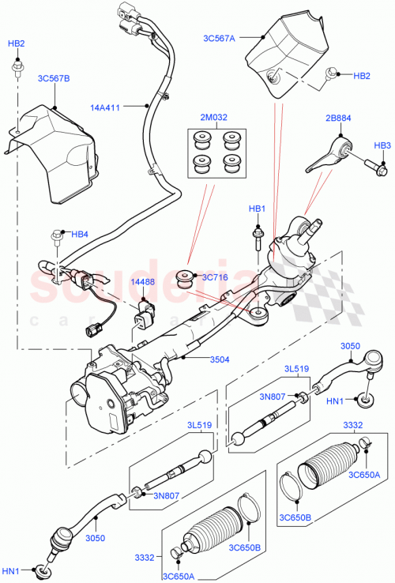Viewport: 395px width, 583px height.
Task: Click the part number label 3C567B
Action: pos(54,79)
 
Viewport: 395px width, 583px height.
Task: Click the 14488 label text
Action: pos(142,281)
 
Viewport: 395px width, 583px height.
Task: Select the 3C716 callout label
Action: pos(216,277)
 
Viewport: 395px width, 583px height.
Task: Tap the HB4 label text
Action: pos(80,234)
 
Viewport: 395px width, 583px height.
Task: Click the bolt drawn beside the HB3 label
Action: pos(374,167)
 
